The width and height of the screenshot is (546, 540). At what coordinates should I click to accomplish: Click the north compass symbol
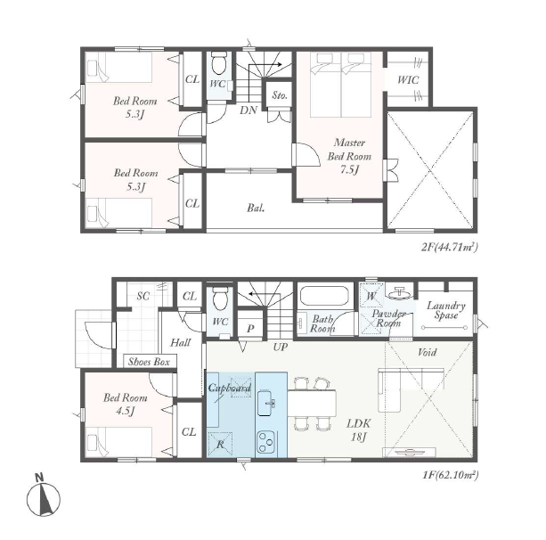pos(43,495)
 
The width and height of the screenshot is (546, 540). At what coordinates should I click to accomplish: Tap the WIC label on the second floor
pos(408,80)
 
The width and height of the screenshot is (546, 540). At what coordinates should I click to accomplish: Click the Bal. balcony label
pos(256,208)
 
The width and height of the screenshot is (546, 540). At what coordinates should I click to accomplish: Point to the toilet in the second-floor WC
pos(219,63)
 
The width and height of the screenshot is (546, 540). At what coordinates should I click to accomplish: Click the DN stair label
pos(249,110)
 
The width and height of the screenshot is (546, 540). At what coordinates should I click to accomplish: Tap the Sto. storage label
pos(280,95)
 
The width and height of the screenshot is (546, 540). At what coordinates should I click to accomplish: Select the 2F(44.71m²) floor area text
pos(449,247)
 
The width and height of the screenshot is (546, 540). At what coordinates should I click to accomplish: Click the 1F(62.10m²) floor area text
pos(450,474)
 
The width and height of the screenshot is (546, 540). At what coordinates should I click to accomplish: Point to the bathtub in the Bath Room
pos(324,296)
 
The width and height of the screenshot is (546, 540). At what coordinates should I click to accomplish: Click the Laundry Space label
pos(446,310)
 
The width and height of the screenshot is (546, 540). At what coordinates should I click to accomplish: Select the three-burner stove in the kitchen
pos(266,441)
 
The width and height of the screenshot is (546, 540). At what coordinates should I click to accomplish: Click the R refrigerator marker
pos(220,444)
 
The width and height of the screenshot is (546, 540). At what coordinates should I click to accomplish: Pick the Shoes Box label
pos(149,362)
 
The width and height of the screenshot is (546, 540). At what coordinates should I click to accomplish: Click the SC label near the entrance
pos(143,296)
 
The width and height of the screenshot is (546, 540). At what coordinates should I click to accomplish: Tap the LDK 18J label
pos(359,430)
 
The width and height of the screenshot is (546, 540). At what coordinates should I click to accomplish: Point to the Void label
pos(427,352)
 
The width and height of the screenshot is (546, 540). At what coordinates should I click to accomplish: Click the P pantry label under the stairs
pos(250,329)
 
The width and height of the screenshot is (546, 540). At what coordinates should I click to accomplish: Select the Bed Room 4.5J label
pos(125,405)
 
